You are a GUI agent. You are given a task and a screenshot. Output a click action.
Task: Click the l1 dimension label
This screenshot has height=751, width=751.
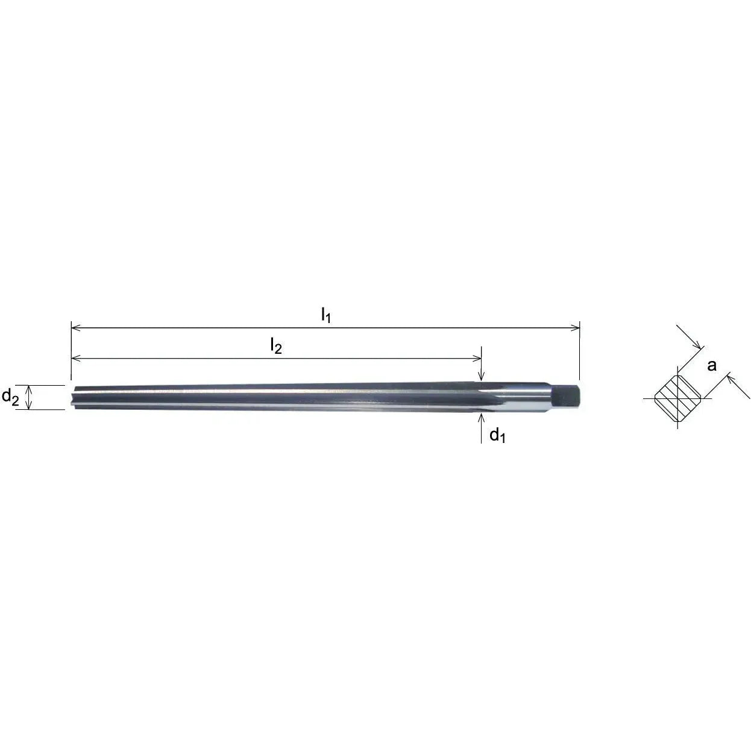325,315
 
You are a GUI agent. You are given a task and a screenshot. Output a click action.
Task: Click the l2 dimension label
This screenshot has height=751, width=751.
275,345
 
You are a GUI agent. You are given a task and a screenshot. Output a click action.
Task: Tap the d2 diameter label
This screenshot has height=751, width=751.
11,397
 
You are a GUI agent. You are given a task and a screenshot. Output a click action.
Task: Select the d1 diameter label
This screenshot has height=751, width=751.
497,435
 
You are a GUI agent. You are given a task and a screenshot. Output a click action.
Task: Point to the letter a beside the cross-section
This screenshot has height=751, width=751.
712,365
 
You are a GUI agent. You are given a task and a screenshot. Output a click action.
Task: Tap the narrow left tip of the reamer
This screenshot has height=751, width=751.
73,398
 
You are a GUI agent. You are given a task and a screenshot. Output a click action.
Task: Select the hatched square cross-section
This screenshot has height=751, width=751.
677,398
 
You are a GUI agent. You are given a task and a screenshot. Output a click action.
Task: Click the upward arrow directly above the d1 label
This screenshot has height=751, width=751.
481,418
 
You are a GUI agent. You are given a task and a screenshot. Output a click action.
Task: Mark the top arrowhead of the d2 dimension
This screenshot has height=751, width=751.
30,389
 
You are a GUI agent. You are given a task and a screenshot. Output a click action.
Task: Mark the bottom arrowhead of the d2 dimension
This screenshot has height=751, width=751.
30,406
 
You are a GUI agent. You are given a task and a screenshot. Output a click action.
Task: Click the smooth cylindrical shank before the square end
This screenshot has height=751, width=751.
530,397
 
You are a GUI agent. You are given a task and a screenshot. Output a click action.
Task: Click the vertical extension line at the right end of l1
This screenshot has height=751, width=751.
580,356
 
